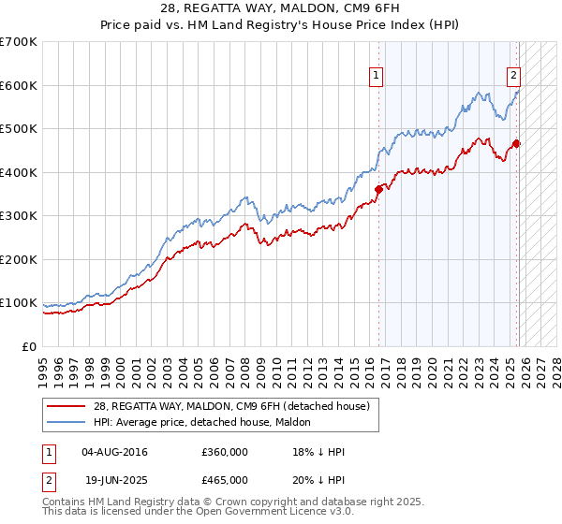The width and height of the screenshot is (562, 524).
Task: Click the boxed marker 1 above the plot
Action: tap(376, 77)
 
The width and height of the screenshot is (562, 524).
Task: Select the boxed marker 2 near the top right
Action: tap(514, 77)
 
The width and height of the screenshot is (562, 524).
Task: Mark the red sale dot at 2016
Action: tap(379, 189)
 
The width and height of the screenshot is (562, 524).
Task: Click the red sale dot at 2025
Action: tap(517, 143)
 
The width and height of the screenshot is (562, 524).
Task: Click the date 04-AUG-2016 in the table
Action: tap(114, 452)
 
